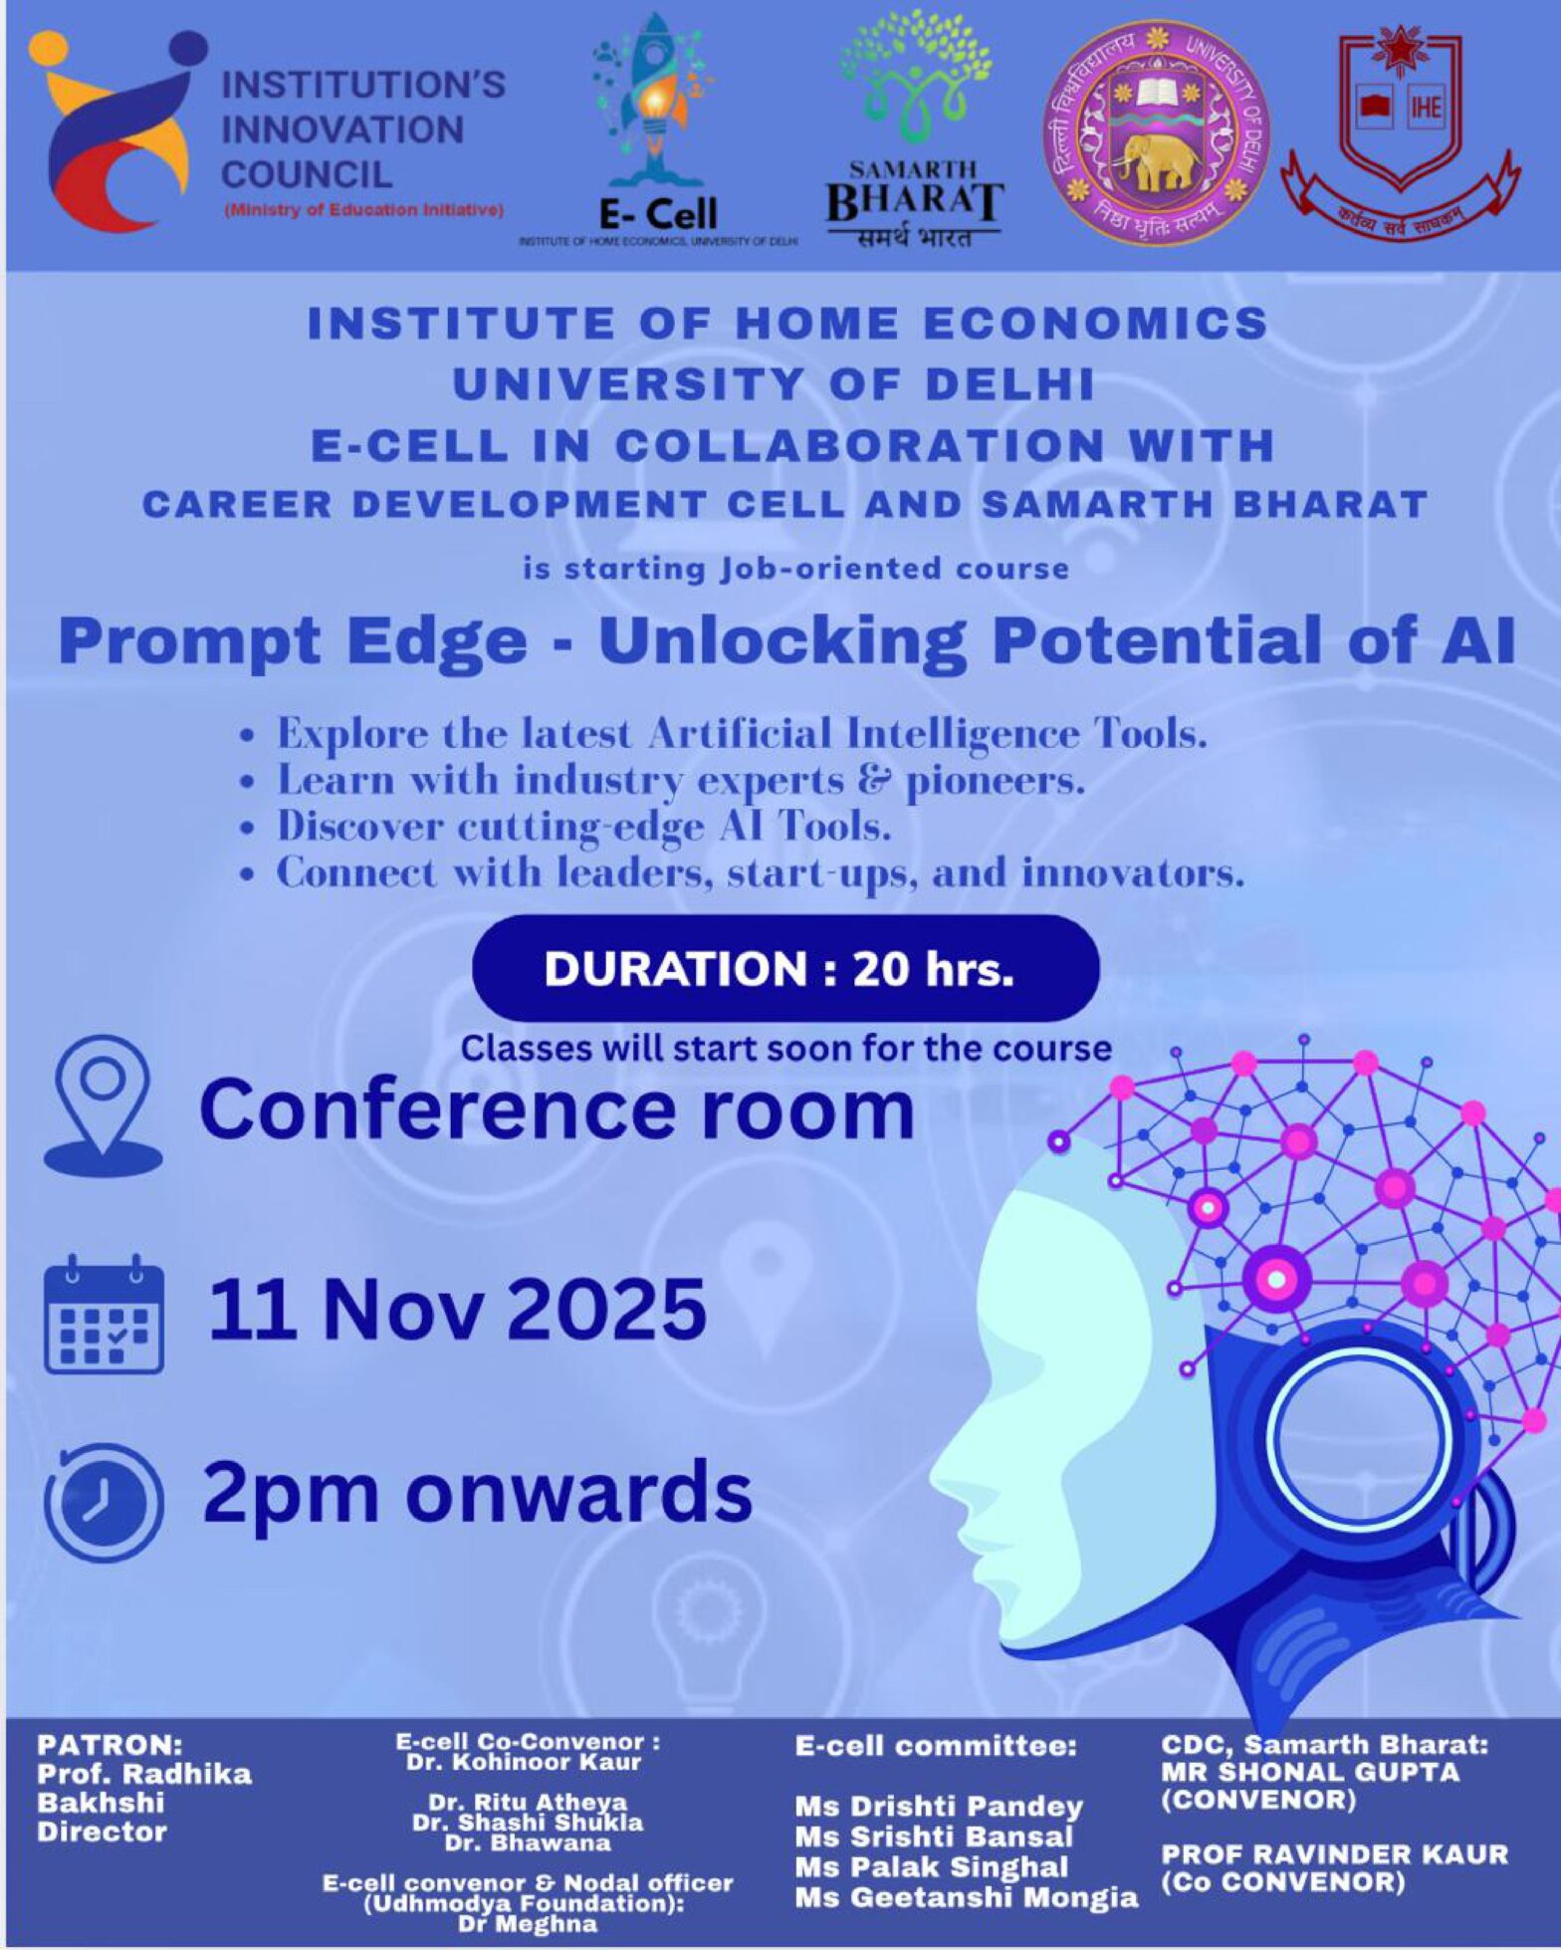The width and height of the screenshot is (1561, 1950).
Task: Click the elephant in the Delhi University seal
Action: click(1156, 159)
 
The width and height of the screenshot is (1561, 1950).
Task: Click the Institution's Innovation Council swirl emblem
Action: click(114, 129)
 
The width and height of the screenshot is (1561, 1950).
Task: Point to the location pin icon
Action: click(103, 1105)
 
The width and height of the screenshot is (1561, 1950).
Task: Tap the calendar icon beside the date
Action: click(104, 1315)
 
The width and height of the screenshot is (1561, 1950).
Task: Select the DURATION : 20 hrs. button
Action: click(785, 969)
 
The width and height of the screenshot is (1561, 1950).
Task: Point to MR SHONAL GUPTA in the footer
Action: click(1309, 1773)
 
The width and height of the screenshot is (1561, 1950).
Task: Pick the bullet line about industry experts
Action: click(681, 781)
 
